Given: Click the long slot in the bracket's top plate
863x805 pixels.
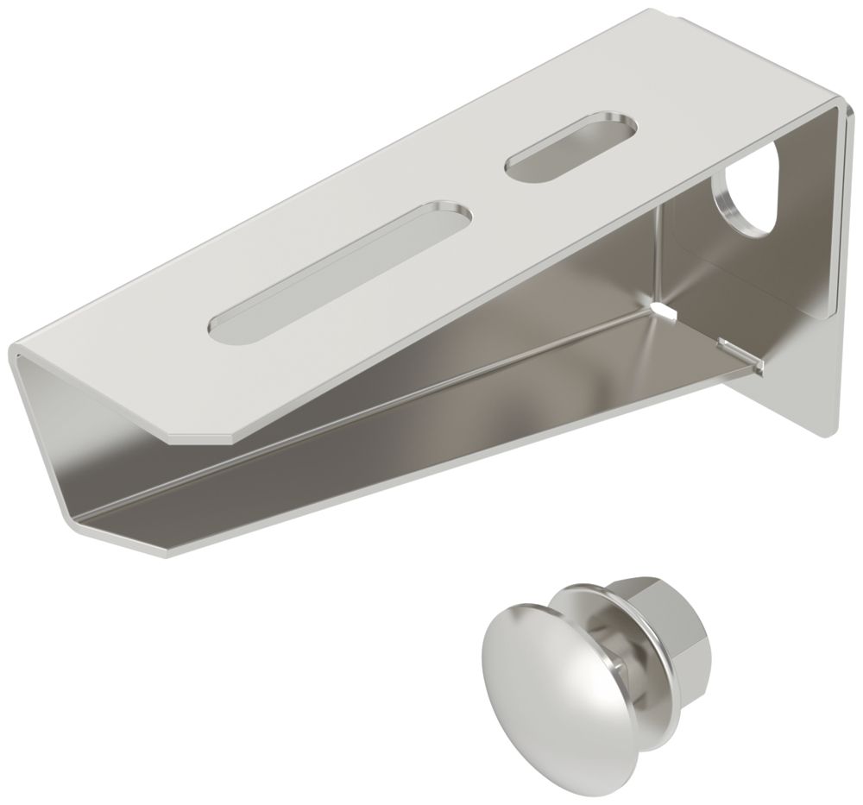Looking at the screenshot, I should tap(337, 267).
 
